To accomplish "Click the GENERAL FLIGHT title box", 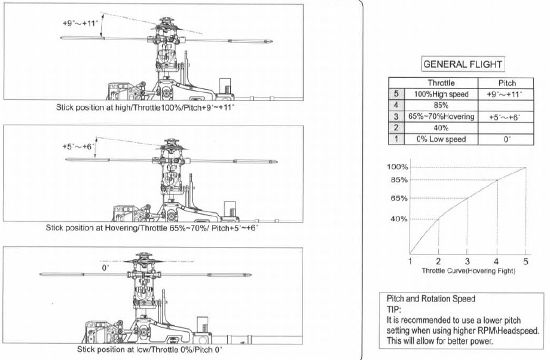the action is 463,64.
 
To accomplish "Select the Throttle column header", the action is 441,83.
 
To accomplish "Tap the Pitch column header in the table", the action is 507,83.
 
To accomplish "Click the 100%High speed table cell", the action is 441,94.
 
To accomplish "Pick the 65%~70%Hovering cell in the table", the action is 441,117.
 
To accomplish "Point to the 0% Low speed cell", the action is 441,139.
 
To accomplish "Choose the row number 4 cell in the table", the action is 396,105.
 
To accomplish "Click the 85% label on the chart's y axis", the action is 399,180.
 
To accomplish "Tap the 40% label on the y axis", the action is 399,219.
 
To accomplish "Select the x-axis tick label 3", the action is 467,261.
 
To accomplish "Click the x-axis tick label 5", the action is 525,261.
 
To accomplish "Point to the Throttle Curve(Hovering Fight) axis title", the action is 468,270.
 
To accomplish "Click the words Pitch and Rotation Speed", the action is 431,298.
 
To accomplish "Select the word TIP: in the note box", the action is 393,310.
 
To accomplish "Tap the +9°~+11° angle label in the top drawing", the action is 80,23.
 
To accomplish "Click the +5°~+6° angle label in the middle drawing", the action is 78,147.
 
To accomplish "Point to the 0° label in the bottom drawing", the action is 105,268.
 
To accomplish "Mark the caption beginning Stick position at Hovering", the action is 152,228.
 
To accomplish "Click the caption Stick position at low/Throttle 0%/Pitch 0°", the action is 150,349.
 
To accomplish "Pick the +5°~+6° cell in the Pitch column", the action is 505,117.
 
